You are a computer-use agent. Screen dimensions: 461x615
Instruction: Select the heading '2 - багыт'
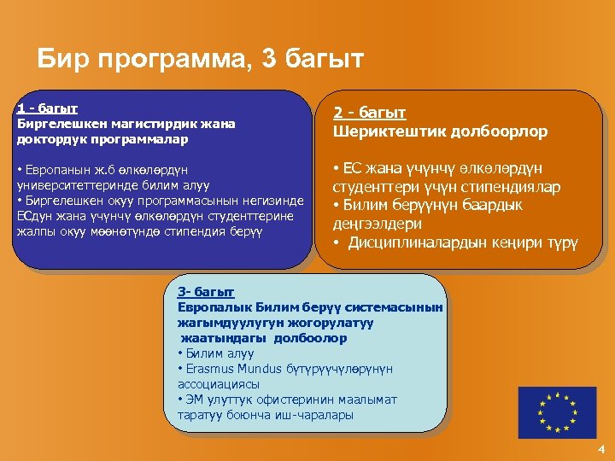[x=369, y=113]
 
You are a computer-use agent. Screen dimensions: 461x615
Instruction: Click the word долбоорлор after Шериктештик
[x=505, y=132]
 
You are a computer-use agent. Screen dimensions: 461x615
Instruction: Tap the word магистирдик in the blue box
[x=149, y=124]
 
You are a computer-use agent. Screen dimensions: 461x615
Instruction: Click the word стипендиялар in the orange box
[x=513, y=187]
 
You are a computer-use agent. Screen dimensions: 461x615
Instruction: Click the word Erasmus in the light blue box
[x=208, y=369]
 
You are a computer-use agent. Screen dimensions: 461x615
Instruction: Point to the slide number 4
[x=601, y=449]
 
